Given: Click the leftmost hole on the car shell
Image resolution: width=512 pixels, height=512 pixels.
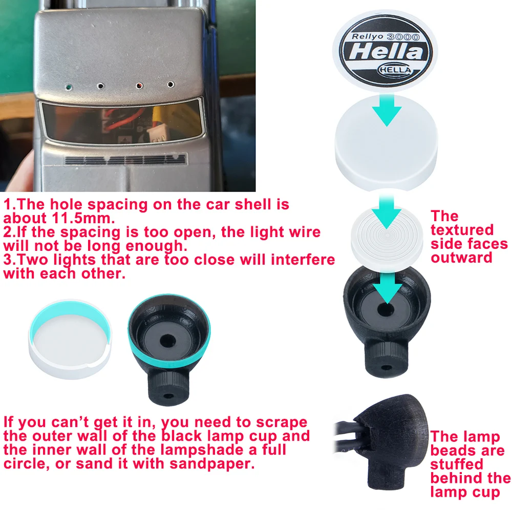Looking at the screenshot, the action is point(68,87).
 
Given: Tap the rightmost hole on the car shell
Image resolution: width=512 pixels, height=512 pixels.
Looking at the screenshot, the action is point(170,84).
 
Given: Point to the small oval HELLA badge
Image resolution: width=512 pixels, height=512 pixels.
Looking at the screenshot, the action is point(395,70).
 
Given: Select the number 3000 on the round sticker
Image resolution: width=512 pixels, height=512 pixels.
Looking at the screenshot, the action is point(403,37).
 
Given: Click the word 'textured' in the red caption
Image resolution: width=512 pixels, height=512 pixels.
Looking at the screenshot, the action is point(462,230).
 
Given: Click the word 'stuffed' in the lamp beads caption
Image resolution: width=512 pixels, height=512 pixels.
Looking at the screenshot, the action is point(456,464).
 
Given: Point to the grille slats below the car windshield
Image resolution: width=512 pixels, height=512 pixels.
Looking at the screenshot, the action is point(125,160).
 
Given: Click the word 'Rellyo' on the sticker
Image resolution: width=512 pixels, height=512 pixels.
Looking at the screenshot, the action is point(367,36).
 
